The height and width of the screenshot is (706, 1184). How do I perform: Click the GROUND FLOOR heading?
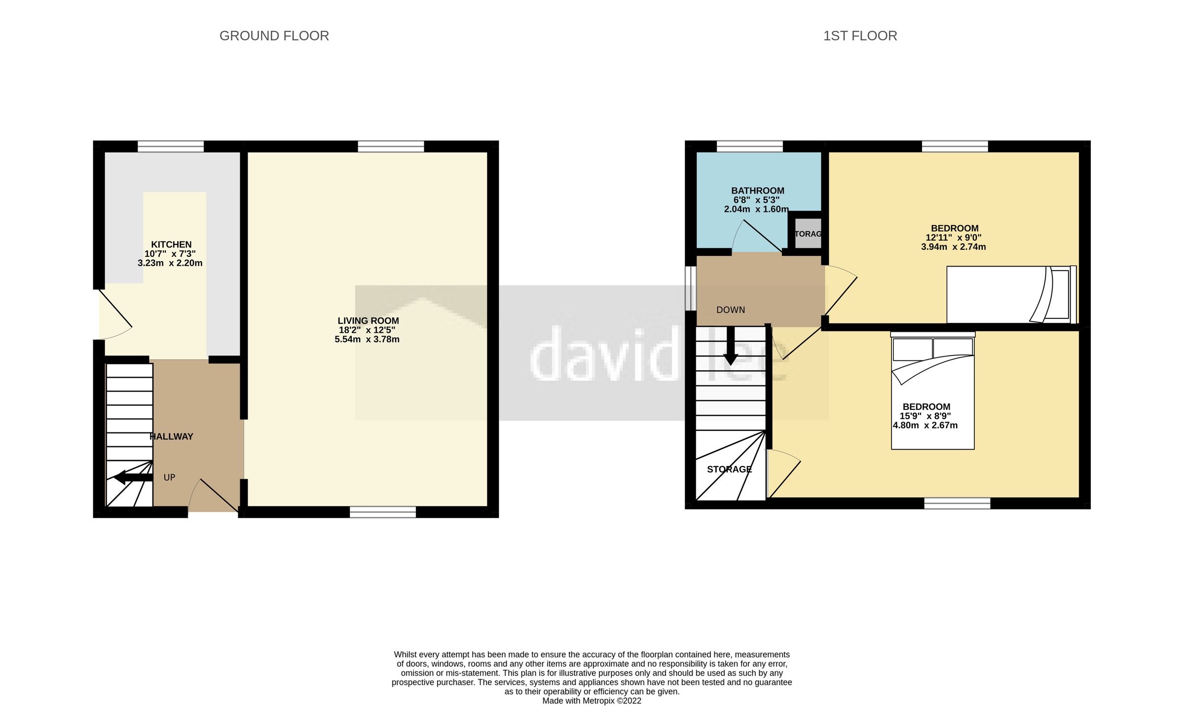click(x=274, y=36)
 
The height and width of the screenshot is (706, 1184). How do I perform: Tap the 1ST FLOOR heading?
click(x=860, y=36)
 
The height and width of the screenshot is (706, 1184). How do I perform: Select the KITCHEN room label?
click(x=171, y=244)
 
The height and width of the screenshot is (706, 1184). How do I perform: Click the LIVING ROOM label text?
click(x=368, y=321)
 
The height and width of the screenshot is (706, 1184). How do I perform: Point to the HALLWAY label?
click(x=171, y=436)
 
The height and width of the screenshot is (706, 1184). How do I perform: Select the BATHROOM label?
click(x=757, y=191)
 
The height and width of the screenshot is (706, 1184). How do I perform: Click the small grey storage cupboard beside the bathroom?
click(x=808, y=233)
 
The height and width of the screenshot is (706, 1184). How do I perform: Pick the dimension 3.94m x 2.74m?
click(x=953, y=247)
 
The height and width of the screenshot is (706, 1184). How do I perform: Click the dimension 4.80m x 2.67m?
click(x=925, y=425)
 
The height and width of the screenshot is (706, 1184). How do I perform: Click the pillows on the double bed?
click(x=932, y=349)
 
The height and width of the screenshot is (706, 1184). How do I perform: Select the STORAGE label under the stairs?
click(x=729, y=469)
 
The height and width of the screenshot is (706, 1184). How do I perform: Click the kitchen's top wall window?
click(x=171, y=146)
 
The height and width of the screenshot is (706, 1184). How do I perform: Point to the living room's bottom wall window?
click(x=383, y=512)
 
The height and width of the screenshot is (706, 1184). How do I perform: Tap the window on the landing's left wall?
click(x=691, y=289)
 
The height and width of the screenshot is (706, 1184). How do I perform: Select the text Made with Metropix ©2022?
click(x=592, y=701)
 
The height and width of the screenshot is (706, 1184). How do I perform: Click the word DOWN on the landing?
click(x=731, y=310)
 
